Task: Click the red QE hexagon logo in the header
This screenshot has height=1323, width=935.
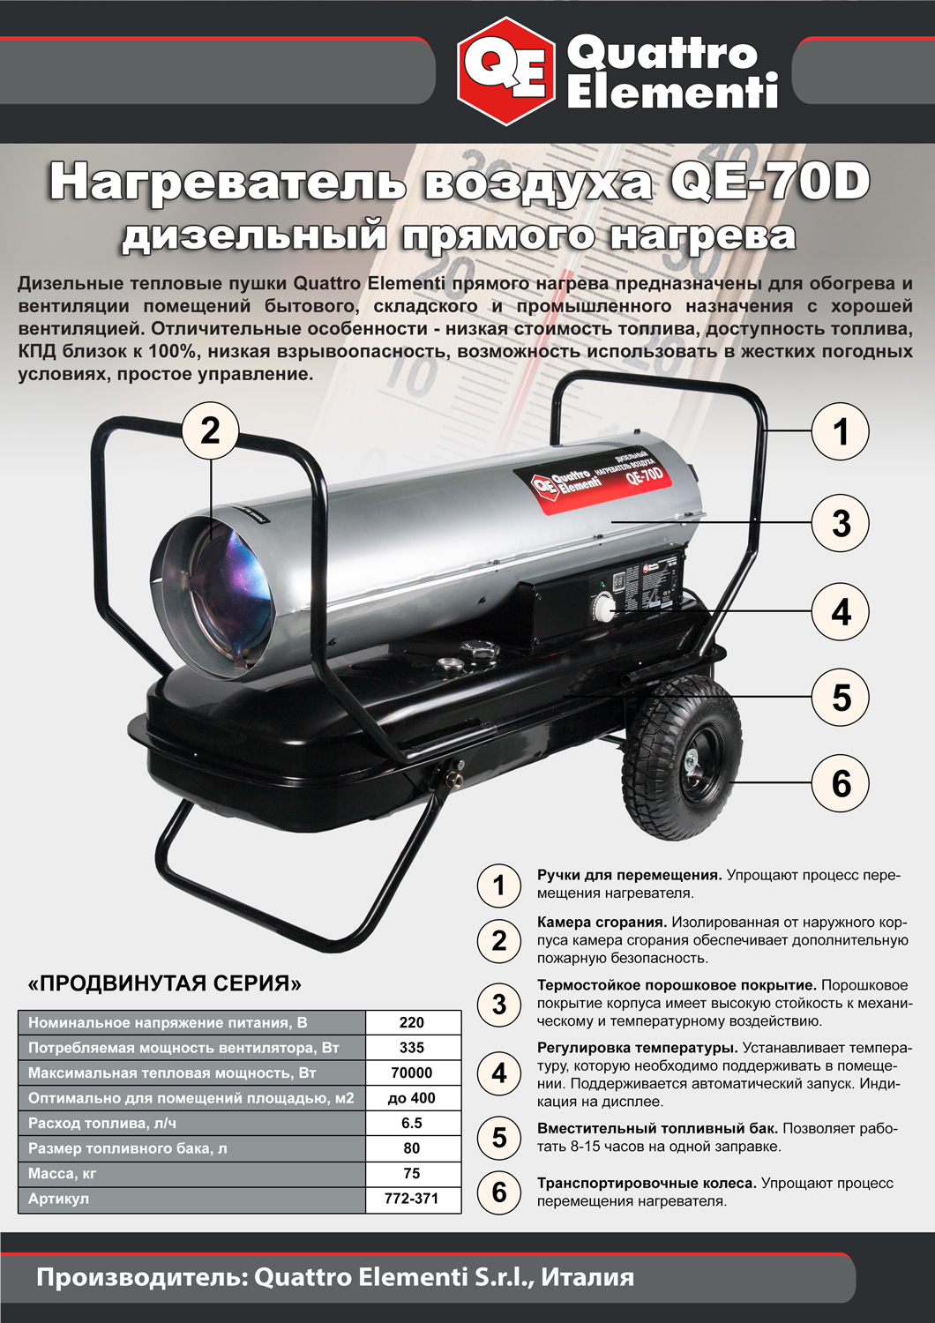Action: pos(506,71)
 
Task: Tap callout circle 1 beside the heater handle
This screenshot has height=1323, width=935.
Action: pos(840,431)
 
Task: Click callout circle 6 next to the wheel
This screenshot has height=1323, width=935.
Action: pos(840,783)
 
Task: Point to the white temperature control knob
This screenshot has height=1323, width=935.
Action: pos(605,609)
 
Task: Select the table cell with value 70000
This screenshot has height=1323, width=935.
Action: pos(412,1073)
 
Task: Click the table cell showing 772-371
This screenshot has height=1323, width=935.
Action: pos(412,1199)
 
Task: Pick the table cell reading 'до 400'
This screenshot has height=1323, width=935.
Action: pos(412,1098)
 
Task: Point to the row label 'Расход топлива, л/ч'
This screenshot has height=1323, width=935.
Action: pos(102,1123)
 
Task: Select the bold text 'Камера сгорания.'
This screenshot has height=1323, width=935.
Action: pos(602,922)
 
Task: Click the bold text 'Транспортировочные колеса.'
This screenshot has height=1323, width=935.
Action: pos(647,1183)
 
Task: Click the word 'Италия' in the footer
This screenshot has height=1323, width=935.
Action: pos(587,1277)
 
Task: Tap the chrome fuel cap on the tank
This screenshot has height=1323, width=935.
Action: pos(479,650)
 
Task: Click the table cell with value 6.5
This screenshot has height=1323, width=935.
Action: pos(412,1123)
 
